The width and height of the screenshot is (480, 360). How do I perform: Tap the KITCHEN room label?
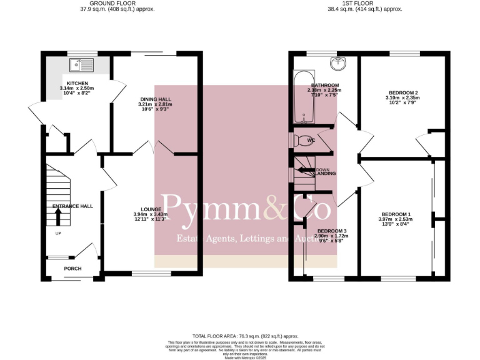coord(78,83)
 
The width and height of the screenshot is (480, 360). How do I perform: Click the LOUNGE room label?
coord(152,209)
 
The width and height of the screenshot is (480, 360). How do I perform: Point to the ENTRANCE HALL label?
coord(72,206)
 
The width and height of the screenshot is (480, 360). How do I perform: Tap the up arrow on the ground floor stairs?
coord(59,216)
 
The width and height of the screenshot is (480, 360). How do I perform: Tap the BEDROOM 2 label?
coord(402,92)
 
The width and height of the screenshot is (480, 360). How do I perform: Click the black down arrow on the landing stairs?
coord(306,169)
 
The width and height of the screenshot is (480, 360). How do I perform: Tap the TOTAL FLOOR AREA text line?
coord(240,336)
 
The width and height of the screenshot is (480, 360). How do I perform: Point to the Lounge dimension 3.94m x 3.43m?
coord(152,215)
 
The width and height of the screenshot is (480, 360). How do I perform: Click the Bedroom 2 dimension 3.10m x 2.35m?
coord(402,97)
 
